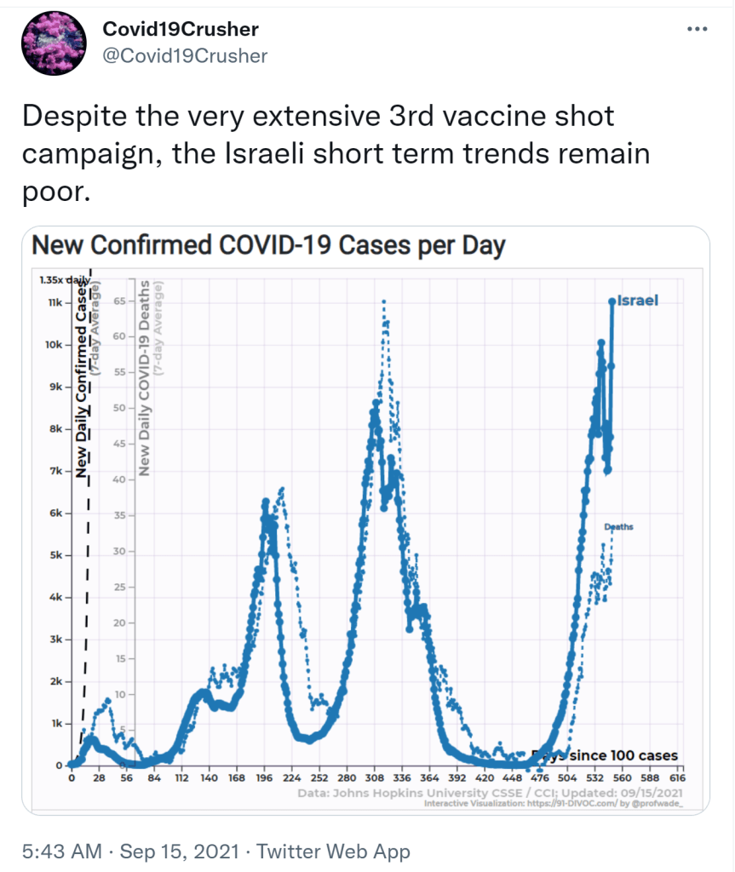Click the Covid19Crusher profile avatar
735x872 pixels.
[x=54, y=43]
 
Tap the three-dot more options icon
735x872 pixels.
[x=697, y=30]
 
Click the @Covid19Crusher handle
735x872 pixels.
[x=185, y=56]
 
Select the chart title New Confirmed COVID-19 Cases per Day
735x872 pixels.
[x=268, y=246]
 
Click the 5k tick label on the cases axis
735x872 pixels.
[x=54, y=556]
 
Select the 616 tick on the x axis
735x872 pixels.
[x=678, y=778]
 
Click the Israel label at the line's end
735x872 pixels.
[x=637, y=301]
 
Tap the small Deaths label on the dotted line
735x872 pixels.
[x=619, y=527]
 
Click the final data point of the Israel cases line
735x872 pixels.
[x=612, y=301]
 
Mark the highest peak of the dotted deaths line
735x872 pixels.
[x=384, y=302]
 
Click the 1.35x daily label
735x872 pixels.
[x=64, y=279]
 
